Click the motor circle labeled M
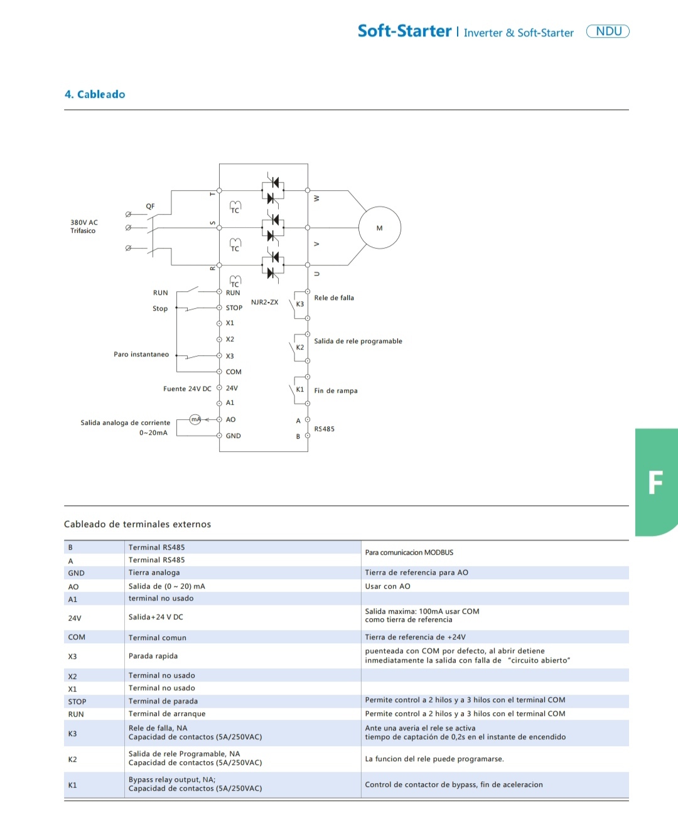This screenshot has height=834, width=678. coord(379,228)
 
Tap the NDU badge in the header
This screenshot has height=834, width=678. coord(608,31)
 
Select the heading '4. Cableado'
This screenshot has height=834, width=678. coord(95,94)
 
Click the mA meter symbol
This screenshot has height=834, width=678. coord(195,419)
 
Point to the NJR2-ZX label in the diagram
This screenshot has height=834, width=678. coord(264,302)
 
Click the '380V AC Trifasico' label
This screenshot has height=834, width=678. coord(83,227)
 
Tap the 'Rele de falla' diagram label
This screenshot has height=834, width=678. coord(334,298)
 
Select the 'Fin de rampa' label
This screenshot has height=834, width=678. coord(336,391)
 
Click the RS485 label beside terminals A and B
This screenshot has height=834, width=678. coord(324,429)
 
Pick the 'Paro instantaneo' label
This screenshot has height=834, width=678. coord(141,355)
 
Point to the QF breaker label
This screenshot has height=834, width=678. coord(150,206)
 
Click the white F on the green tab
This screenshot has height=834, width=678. coord(655,483)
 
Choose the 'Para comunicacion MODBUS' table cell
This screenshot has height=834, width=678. coord(409,553)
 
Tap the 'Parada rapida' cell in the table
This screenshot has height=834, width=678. coord(153,656)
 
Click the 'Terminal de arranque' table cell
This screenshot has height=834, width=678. coord(167,714)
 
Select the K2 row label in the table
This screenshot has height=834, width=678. coord(72,759)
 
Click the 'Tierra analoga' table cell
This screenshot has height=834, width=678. coord(154,573)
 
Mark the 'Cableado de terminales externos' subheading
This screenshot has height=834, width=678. coord(137,525)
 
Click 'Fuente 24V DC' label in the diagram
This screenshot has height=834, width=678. coord(187,389)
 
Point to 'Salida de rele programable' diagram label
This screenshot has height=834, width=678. coord(358,341)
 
